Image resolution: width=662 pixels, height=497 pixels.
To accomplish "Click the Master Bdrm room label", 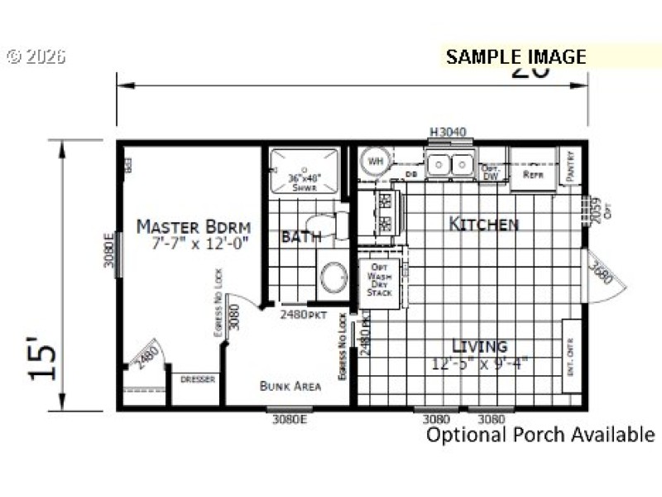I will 194,226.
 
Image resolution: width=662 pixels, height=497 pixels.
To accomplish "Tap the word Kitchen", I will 484,224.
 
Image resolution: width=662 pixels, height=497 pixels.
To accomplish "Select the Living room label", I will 479,346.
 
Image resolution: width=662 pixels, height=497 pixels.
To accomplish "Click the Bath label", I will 296,237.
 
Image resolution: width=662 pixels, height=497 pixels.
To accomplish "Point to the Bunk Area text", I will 290,385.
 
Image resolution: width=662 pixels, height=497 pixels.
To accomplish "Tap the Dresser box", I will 197,379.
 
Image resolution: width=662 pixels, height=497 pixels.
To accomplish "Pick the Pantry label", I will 570,166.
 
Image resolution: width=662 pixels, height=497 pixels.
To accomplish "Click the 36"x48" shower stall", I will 305,172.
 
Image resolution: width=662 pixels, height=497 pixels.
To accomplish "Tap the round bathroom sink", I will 335,278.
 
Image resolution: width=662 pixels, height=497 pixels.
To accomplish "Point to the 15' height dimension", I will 46,357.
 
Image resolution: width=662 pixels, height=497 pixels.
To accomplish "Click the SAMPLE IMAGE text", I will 516,57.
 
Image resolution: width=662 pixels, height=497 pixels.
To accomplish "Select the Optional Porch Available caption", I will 540,434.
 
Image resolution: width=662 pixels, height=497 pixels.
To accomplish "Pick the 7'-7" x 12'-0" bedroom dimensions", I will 199,244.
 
